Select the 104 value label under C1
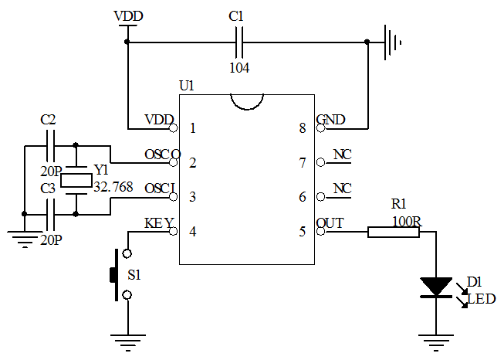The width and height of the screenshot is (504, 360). [x=239, y=67]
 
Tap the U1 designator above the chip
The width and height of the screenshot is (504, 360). [x=186, y=85]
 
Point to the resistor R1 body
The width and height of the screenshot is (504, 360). [x=393, y=231]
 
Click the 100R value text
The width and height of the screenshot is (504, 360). [x=406, y=221]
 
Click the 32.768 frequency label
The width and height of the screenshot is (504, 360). [x=113, y=186]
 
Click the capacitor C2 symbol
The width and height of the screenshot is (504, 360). [x=50, y=144]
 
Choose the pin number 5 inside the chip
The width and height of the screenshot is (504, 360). [x=303, y=231]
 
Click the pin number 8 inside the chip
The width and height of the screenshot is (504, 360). [x=303, y=128]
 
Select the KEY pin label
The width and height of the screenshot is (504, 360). [x=159, y=223]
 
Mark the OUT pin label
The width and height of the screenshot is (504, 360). [x=330, y=223]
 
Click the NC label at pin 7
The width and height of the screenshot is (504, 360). [x=341, y=155]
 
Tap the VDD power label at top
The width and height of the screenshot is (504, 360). [x=127, y=16]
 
